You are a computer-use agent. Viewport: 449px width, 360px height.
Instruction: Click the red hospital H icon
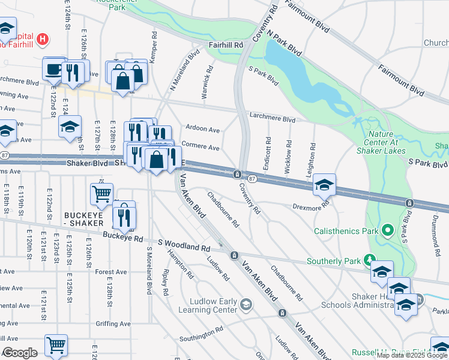point(42,40)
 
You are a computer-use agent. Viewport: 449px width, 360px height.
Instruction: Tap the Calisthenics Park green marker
point(388,230)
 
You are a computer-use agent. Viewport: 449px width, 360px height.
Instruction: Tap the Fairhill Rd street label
point(225,45)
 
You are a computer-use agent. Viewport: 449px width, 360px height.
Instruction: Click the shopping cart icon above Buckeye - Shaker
point(101,193)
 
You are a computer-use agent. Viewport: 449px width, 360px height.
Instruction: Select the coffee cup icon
point(55,69)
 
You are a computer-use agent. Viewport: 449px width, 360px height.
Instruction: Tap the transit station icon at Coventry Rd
point(238,174)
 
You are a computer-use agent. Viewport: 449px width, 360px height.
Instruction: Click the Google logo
point(20,353)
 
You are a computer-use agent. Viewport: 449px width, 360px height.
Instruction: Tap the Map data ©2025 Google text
point(412,355)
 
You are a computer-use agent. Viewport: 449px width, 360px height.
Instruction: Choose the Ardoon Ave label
point(202,129)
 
